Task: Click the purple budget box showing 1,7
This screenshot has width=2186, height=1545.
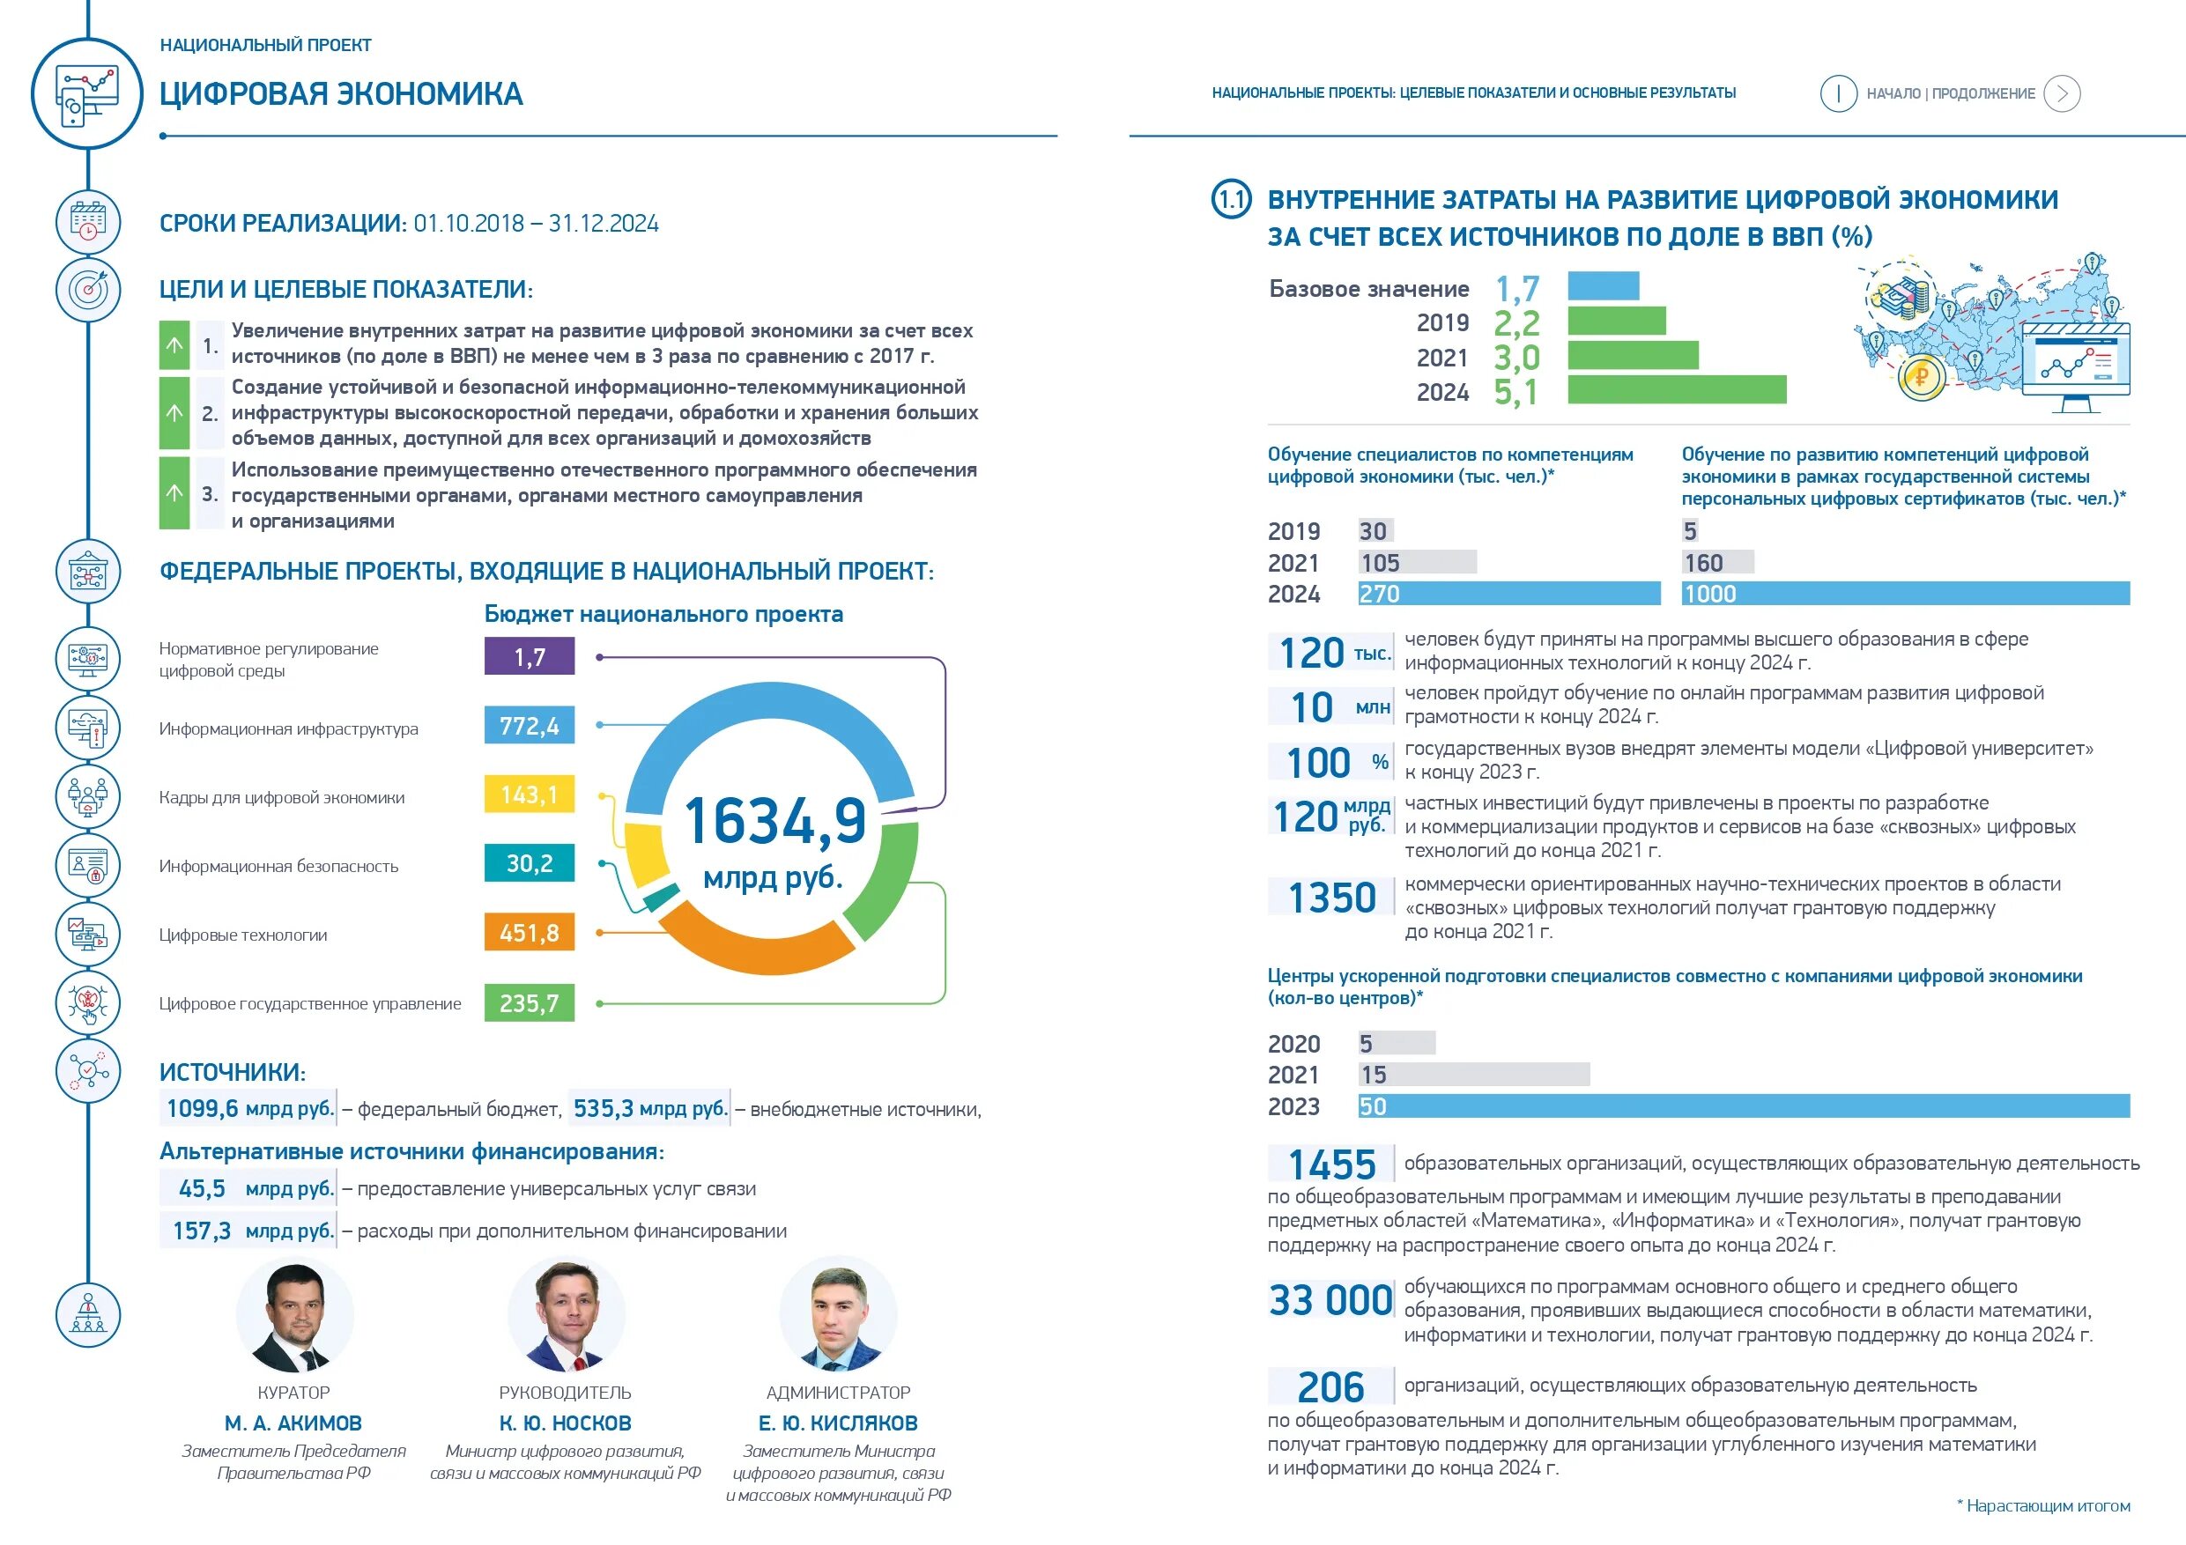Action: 530,656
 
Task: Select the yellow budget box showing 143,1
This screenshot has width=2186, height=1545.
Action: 530,794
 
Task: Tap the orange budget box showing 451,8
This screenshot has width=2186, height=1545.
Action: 530,932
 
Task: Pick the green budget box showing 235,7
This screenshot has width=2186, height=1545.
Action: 530,1002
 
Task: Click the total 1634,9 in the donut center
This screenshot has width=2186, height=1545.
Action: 775,821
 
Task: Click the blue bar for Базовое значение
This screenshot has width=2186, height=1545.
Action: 1604,285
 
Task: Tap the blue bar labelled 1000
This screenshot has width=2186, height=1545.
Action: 1904,594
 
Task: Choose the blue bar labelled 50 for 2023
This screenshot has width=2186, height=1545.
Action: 1742,1106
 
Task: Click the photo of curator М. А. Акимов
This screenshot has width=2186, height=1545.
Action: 294,1316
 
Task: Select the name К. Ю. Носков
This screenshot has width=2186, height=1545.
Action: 566,1423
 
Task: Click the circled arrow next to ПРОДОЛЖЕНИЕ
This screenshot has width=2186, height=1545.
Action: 2063,93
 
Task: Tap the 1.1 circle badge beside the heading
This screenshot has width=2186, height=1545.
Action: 1231,199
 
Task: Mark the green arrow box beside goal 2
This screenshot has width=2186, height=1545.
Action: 174,412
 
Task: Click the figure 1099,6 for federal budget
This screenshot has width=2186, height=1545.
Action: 203,1108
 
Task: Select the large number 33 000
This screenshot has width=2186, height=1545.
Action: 1330,1300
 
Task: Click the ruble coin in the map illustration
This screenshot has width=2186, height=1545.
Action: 1921,377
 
